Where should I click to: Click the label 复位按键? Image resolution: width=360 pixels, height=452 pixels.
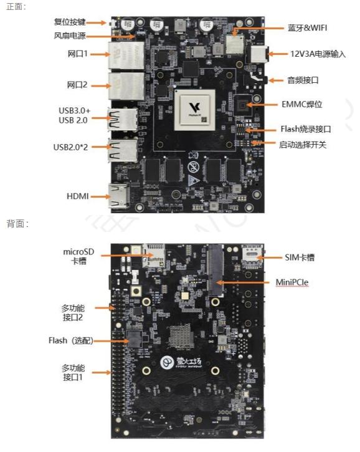point(69,22)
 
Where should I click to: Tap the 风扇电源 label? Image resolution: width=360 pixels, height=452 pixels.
point(70,36)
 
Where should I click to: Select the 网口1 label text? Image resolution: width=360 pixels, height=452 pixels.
point(77,54)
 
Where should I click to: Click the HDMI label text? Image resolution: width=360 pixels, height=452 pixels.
point(77,196)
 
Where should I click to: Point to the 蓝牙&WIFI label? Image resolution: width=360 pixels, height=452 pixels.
point(307,28)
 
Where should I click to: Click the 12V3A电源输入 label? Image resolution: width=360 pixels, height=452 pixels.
point(318,54)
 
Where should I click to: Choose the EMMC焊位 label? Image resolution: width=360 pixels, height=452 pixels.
point(301,104)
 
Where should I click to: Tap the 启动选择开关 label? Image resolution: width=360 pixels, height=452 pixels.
point(303,145)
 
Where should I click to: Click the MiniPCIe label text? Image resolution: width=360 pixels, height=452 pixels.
point(292,282)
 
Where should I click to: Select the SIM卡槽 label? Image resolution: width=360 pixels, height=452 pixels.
point(300,257)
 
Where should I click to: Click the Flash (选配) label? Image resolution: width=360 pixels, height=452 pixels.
point(71,340)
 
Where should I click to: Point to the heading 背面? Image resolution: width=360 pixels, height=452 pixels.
point(17,224)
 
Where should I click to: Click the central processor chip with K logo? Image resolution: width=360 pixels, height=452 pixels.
point(195,110)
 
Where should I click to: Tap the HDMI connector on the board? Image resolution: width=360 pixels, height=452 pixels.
point(118,196)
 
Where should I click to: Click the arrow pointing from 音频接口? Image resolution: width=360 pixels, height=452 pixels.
point(276,80)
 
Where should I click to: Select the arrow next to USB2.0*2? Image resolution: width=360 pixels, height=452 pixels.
point(101,147)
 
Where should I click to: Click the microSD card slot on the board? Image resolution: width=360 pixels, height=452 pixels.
point(154,256)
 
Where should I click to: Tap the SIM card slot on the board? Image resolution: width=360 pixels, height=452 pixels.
point(252,254)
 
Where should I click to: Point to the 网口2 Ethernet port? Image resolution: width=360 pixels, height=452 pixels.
point(126,86)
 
